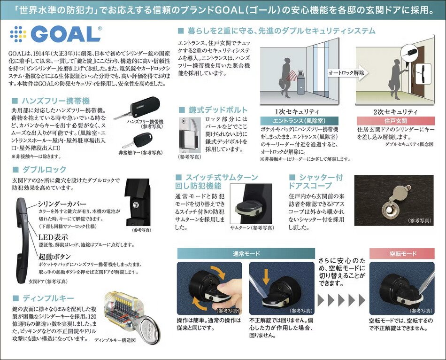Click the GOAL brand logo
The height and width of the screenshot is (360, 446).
(x=56, y=34)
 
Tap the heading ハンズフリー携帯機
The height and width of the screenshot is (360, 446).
(x=56, y=101)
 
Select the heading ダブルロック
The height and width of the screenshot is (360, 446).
(x=44, y=170)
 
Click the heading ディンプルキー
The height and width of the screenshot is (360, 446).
(x=48, y=298)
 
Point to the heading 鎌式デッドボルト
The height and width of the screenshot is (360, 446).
(x=218, y=110)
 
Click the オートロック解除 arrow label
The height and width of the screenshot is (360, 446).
(x=347, y=73)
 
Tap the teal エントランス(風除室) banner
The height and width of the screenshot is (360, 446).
(x=299, y=121)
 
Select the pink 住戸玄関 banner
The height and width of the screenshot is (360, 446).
(x=396, y=121)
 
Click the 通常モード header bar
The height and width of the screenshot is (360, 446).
(x=246, y=253)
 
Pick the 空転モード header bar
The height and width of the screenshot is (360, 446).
(x=402, y=253)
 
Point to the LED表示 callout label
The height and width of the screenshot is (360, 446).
(x=53, y=237)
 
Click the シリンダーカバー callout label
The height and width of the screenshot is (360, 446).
(x=62, y=203)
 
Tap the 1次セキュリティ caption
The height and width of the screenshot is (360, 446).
(x=297, y=111)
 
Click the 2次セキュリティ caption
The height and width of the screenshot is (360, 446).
(x=395, y=111)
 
